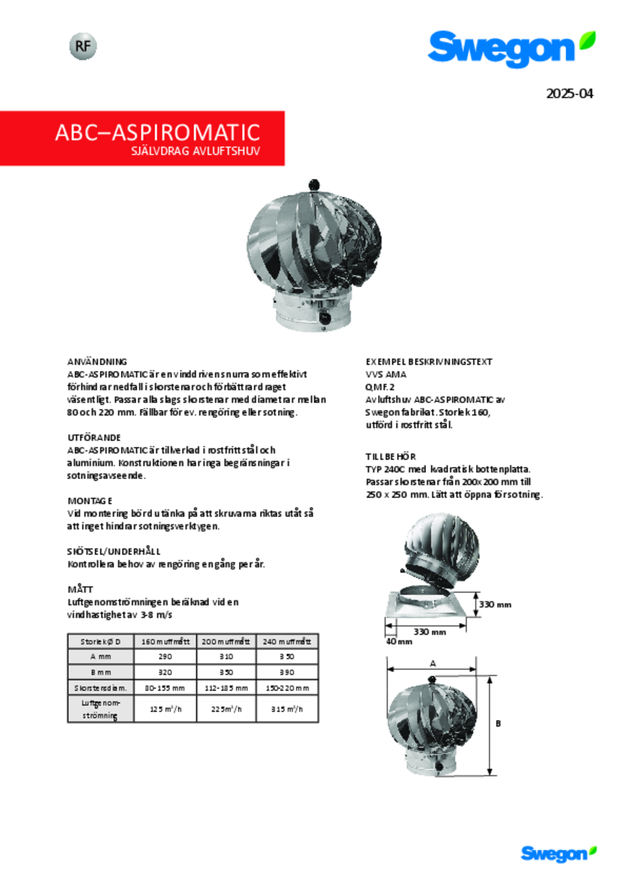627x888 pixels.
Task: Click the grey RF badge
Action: [x=83, y=46]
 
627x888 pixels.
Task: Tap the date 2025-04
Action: [x=569, y=94]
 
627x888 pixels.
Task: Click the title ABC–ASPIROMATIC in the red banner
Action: [x=158, y=133]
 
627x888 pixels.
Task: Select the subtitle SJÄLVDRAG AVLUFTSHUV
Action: [x=195, y=151]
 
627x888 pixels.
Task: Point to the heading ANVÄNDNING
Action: [x=97, y=362]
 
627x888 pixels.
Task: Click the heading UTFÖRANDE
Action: [x=94, y=437]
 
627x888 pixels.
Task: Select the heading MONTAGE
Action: [x=90, y=501]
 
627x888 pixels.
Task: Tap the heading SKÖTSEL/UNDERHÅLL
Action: [x=114, y=551]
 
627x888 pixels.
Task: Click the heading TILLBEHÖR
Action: [x=390, y=457]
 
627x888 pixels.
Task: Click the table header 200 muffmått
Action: [x=226, y=642]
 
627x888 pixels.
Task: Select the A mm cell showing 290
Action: [x=165, y=657]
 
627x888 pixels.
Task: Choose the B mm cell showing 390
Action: [x=287, y=672]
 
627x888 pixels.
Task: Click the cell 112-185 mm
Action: [x=226, y=688]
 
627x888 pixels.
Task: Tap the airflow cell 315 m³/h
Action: [x=287, y=709]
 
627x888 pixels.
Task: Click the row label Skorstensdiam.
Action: [x=100, y=688]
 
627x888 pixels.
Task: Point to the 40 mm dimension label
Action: [x=399, y=641]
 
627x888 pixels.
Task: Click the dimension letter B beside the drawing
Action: [x=498, y=724]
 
